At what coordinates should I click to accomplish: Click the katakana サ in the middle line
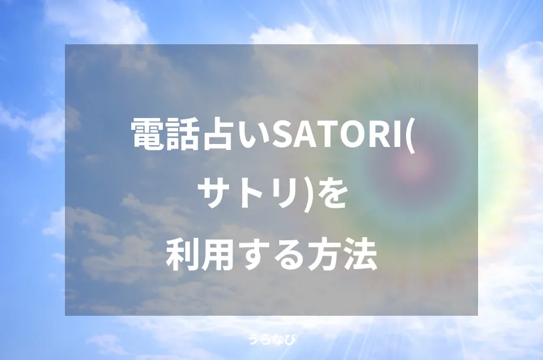point(214,195)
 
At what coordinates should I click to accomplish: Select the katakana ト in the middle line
point(247,195)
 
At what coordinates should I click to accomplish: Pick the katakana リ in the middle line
point(279,195)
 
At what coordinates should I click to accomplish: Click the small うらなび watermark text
point(271,339)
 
